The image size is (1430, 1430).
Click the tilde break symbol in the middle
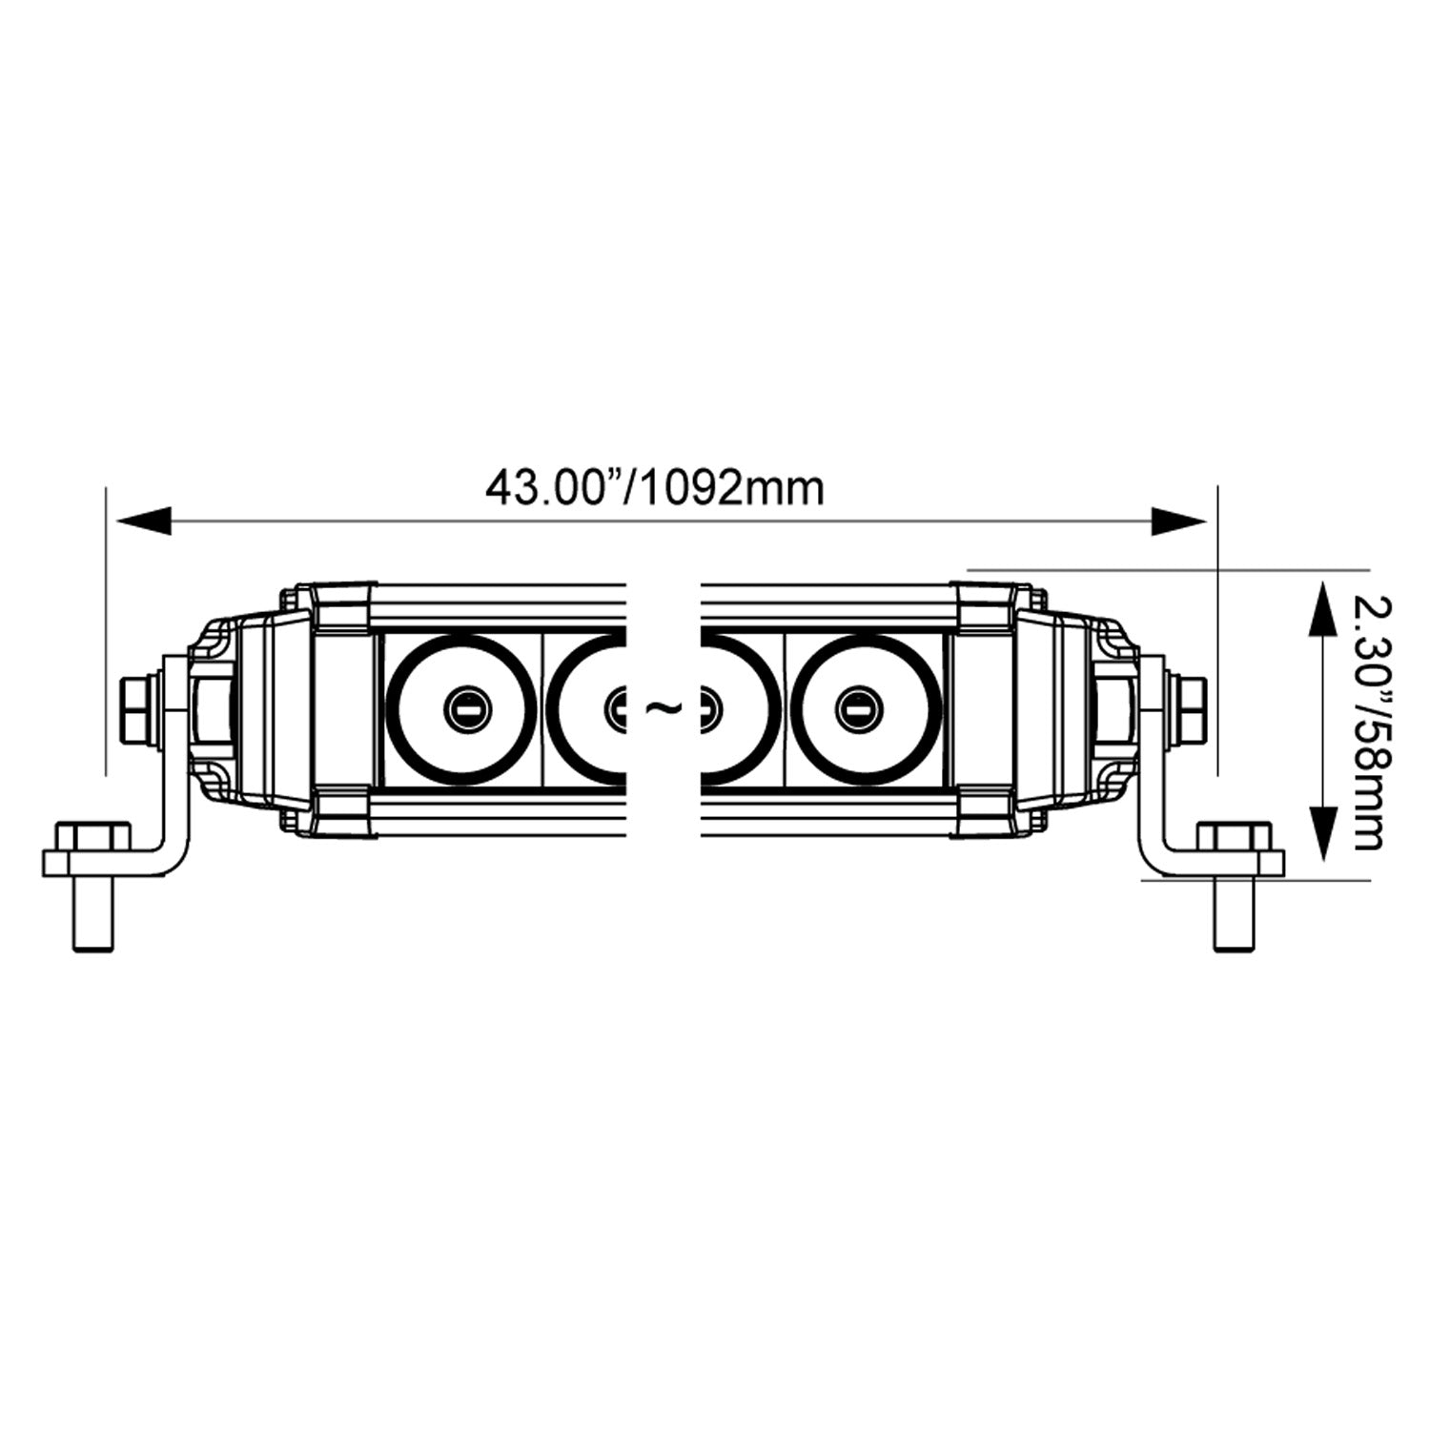(x=664, y=707)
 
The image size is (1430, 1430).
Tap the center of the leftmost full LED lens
(x=465, y=707)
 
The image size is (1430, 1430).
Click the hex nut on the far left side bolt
(x=134, y=707)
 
